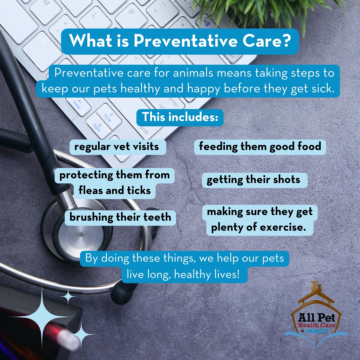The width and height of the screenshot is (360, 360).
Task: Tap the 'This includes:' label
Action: pos(180,117)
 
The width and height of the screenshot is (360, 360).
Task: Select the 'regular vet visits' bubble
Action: pos(117,147)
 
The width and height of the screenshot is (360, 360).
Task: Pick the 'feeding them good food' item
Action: pos(260,147)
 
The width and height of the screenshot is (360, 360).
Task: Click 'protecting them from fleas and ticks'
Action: pos(114,183)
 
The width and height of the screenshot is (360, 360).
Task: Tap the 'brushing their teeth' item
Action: pos(120,217)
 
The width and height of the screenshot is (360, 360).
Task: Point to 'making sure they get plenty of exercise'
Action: pos(260,220)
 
